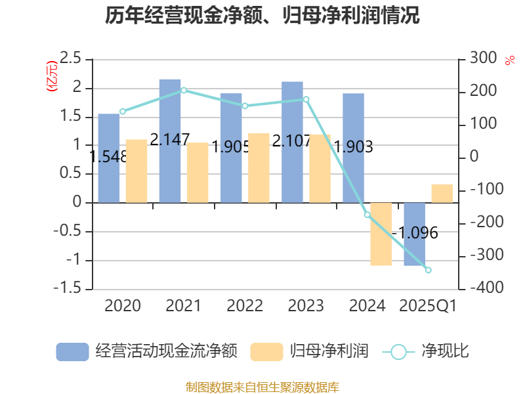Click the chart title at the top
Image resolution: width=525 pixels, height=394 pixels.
click(262, 16)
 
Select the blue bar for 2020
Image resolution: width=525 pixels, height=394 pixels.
click(109, 158)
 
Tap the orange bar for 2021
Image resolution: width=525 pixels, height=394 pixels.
click(198, 173)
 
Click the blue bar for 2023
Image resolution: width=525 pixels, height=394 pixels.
click(292, 142)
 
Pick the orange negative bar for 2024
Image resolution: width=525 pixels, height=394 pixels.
click(381, 234)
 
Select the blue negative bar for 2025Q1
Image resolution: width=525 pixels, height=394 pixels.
click(414, 234)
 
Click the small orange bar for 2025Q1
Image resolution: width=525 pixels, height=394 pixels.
click(442, 193)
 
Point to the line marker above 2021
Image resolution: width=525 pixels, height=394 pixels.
click(184, 90)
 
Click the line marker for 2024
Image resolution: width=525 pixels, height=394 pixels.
click(367, 215)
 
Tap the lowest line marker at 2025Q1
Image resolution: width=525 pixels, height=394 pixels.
click(428, 270)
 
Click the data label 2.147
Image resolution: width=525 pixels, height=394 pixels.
click(170, 139)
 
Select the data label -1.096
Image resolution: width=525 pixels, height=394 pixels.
click(415, 233)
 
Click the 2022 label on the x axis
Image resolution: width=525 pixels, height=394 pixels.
click(245, 306)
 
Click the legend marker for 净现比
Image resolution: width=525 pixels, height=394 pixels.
click(398, 352)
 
